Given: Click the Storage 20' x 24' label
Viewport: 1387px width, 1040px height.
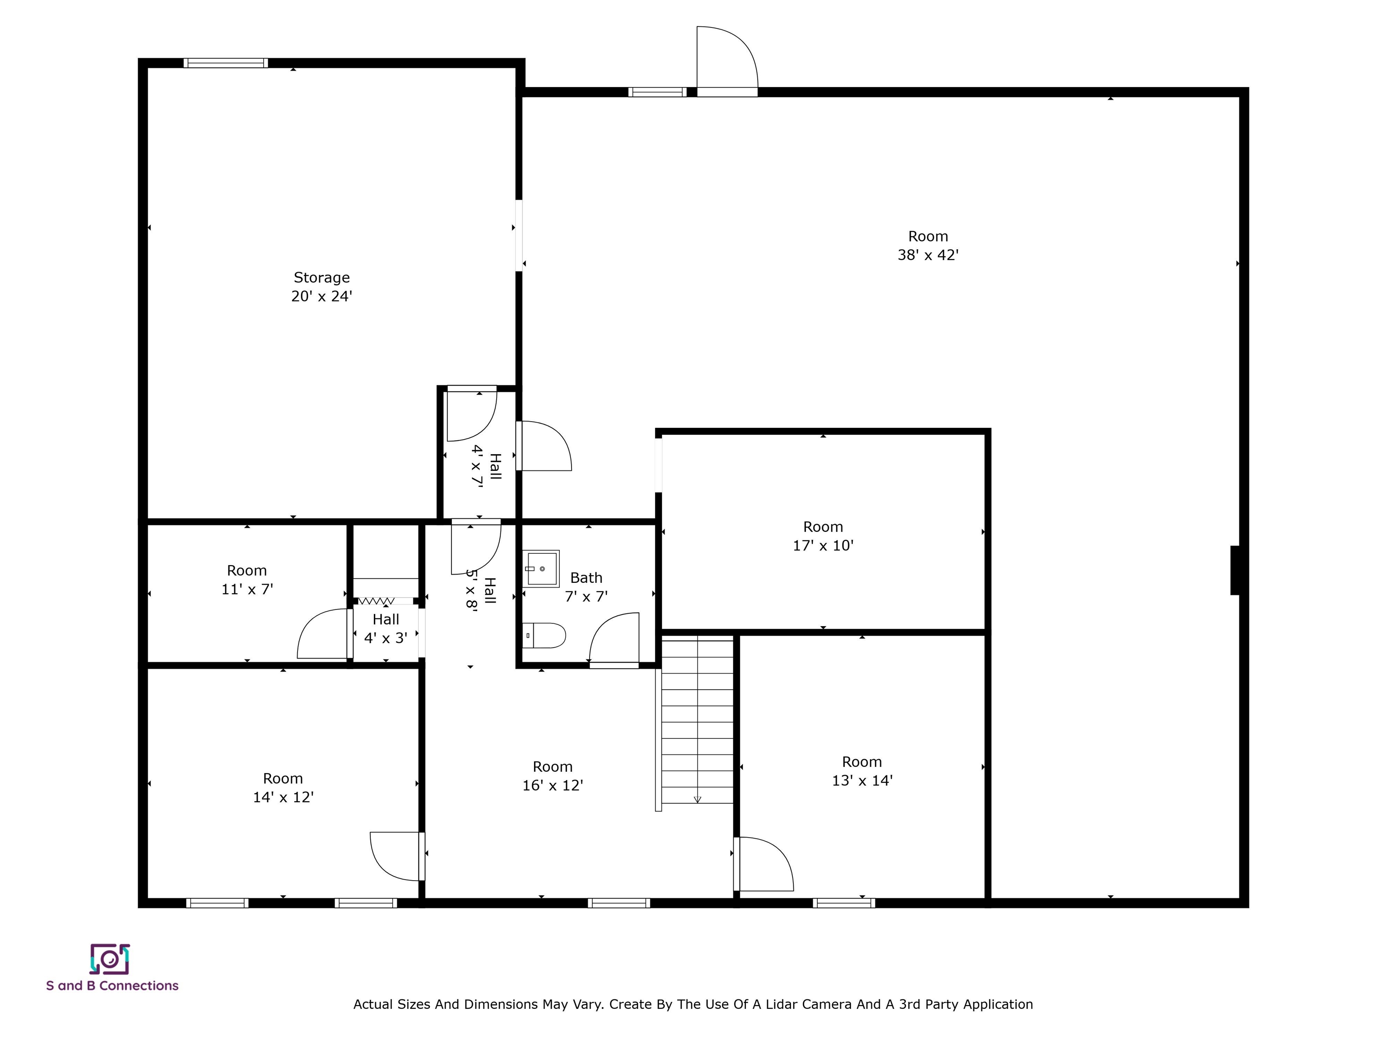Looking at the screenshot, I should tap(321, 287).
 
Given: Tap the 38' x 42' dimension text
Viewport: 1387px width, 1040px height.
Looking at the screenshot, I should tap(928, 255).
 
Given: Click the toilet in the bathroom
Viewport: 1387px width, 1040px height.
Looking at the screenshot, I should tap(544, 636).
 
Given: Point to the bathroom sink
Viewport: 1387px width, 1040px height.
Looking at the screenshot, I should tap(541, 569).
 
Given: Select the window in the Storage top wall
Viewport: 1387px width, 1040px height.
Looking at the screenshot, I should tap(226, 63).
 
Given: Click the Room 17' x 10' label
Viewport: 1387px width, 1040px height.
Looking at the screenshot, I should tap(823, 536).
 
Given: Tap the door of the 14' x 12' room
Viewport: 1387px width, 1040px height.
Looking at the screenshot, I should tap(395, 856).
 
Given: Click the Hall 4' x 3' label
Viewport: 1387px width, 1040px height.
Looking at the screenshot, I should tap(386, 629).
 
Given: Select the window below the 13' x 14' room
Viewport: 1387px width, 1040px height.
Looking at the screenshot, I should tap(843, 903).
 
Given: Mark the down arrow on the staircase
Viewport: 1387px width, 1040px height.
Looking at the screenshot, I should tap(697, 799).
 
